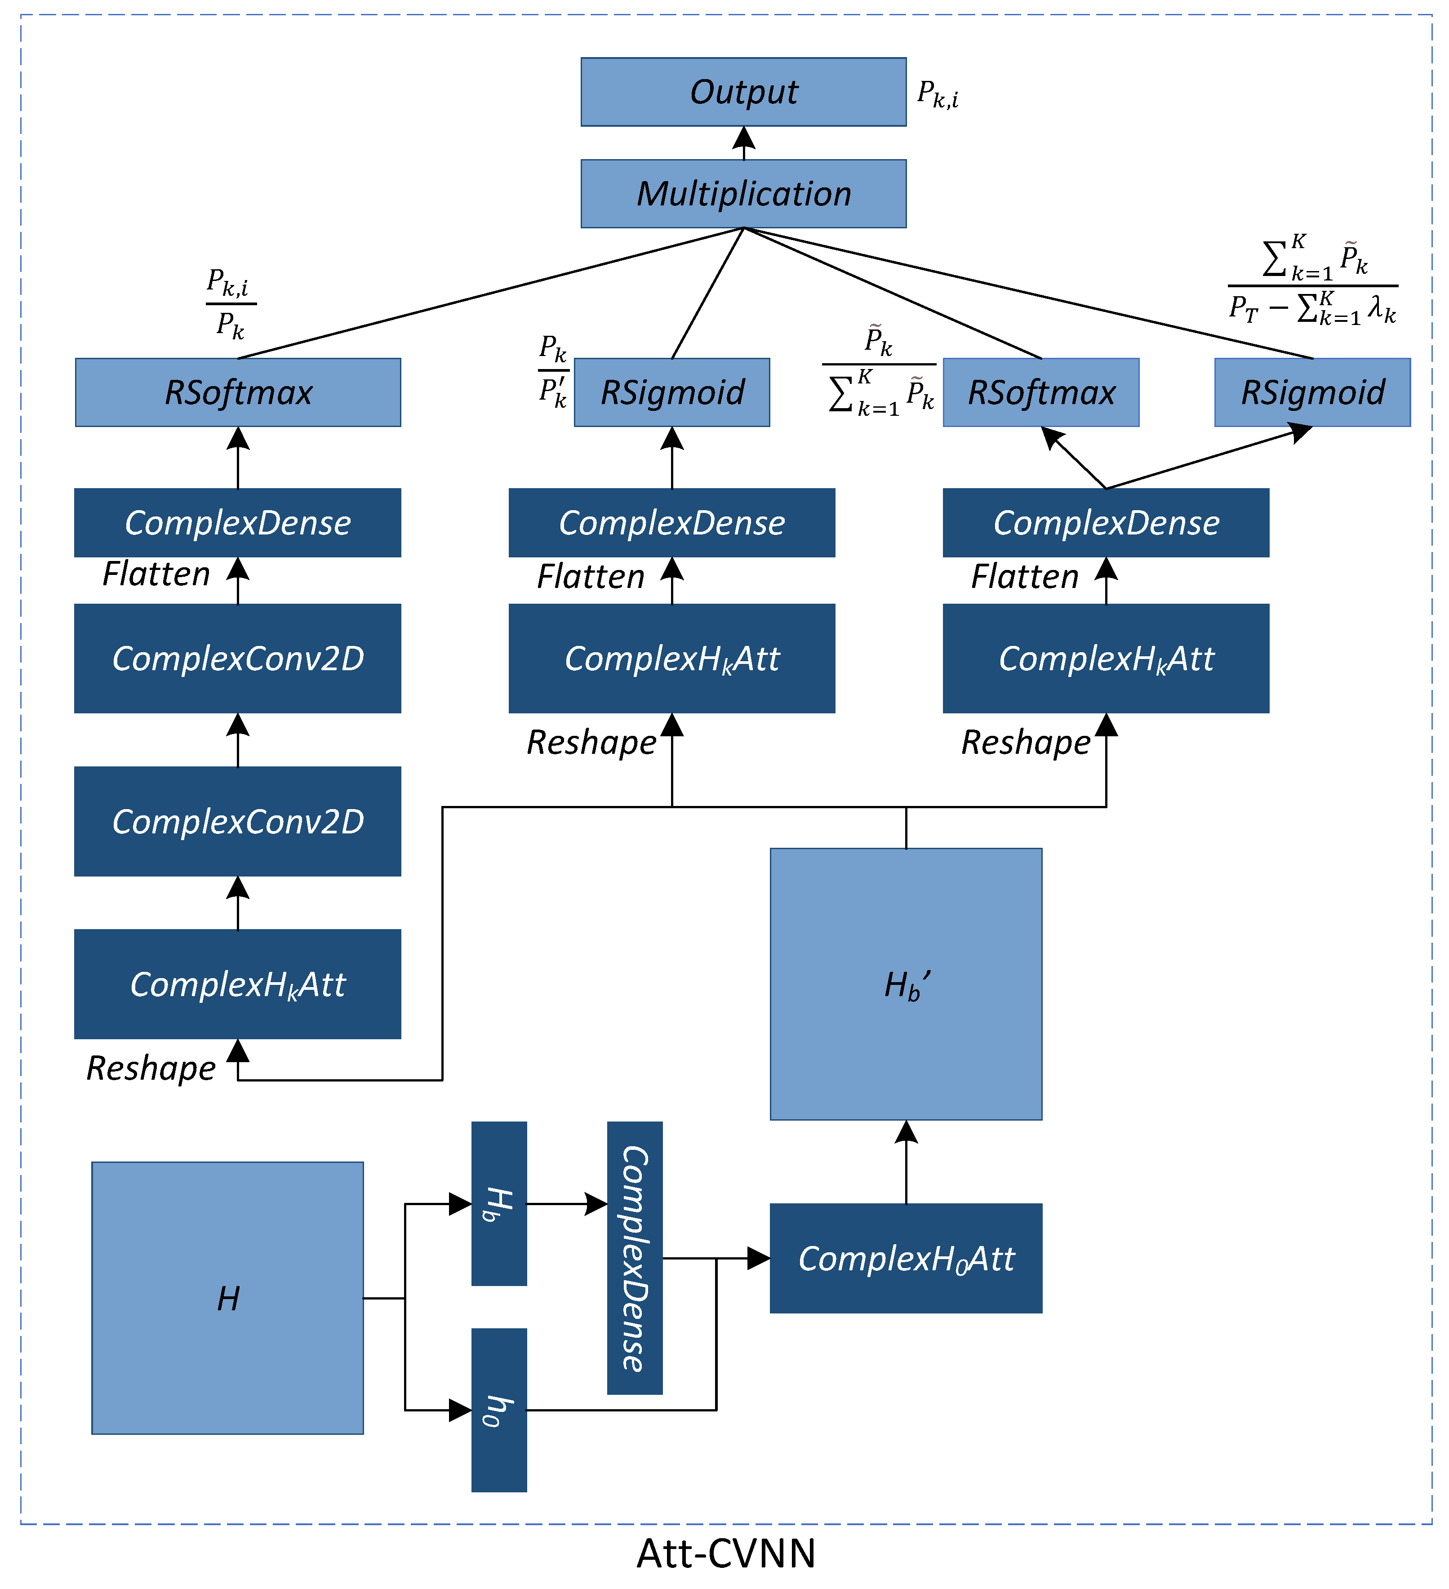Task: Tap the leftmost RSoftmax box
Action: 238,392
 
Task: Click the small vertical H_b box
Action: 499,1204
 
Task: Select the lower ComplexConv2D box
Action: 238,821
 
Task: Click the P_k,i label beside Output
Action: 938,94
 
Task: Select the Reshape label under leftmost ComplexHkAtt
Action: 151,1069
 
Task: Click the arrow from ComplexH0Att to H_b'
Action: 906,1162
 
